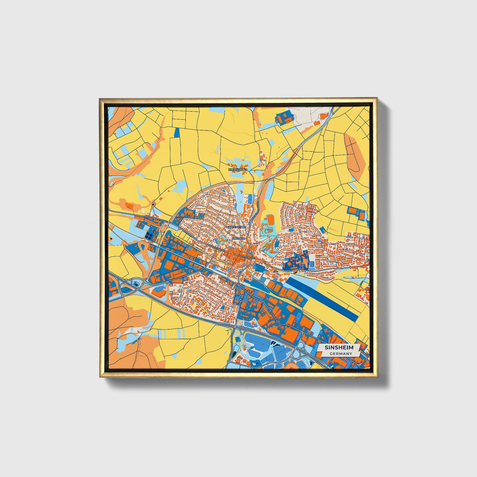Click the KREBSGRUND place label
(x=238, y=169)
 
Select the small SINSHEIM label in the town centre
(x=239, y=238)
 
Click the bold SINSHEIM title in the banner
(x=339, y=348)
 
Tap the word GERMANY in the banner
(x=341, y=354)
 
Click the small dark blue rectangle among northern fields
(x=177, y=132)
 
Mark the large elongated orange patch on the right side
(x=355, y=152)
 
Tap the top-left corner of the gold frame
(x=100, y=99)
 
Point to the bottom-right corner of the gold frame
(x=376, y=377)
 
